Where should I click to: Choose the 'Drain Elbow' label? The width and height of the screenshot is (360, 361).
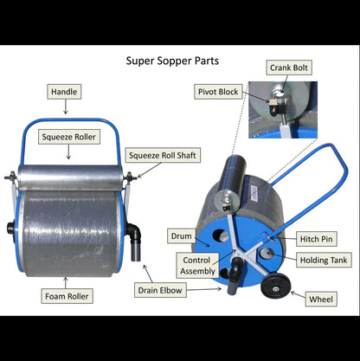pyautogui.click(x=159, y=290)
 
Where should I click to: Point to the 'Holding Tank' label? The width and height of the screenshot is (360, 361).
pyautogui.click(x=324, y=260)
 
